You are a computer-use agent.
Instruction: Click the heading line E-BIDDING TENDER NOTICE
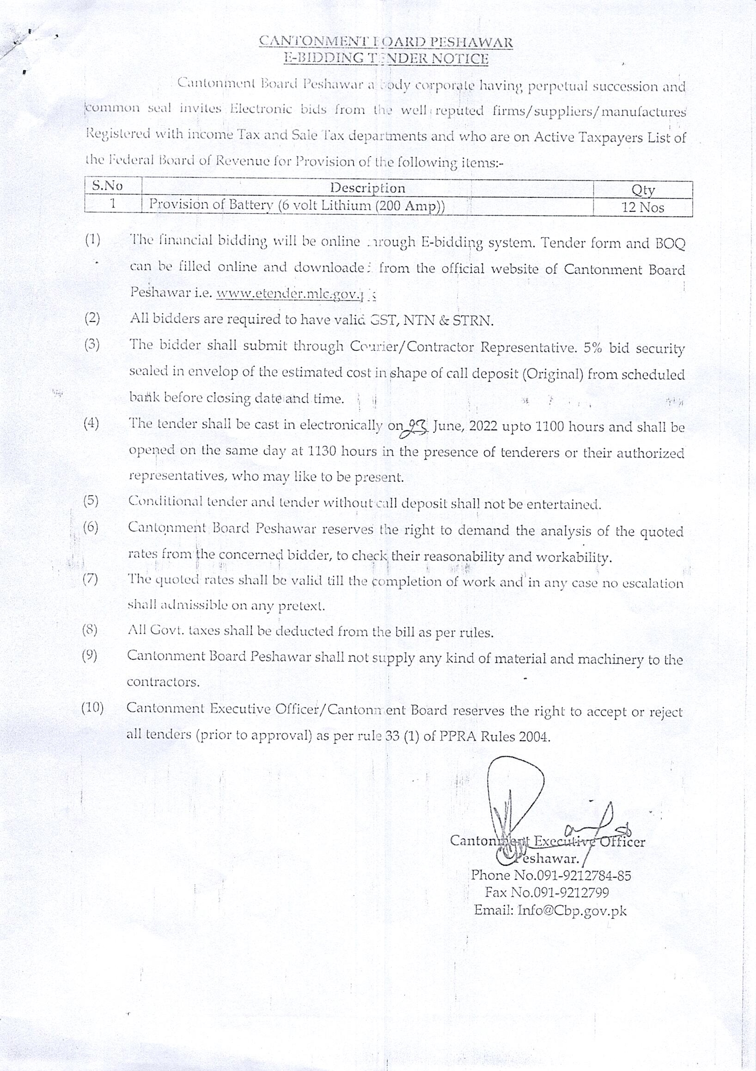click(x=386, y=58)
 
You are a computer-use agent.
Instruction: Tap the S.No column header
click(x=107, y=186)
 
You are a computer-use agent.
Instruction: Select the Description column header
click(x=367, y=188)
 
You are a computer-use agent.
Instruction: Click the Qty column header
click(x=643, y=190)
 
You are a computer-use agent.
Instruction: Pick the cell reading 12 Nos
click(x=643, y=207)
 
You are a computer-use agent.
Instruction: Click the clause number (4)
click(x=91, y=423)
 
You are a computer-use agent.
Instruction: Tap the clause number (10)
click(x=92, y=708)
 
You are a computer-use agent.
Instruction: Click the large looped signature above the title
click(x=515, y=798)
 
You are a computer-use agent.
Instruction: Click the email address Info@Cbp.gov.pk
click(x=572, y=910)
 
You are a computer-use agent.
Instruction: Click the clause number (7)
click(x=90, y=579)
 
